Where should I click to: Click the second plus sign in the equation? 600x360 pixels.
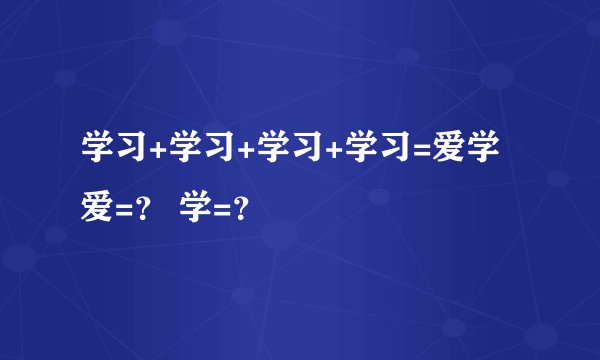246,151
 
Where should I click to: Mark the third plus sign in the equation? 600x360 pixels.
333,151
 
